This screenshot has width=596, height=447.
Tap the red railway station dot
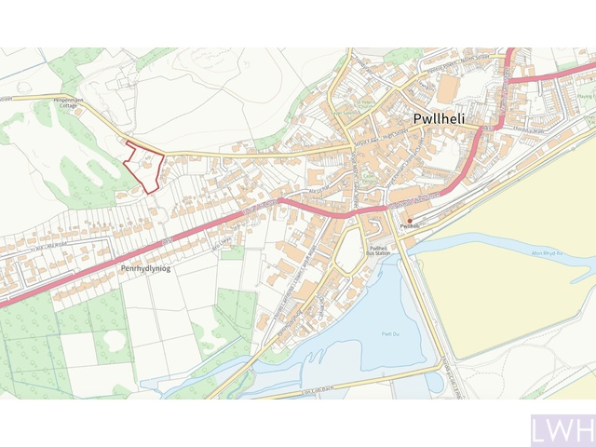coord(410,221)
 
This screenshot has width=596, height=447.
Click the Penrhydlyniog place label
coord(148,267)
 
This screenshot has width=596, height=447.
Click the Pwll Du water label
coord(390,332)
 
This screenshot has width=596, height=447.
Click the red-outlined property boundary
coord(144,167)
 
